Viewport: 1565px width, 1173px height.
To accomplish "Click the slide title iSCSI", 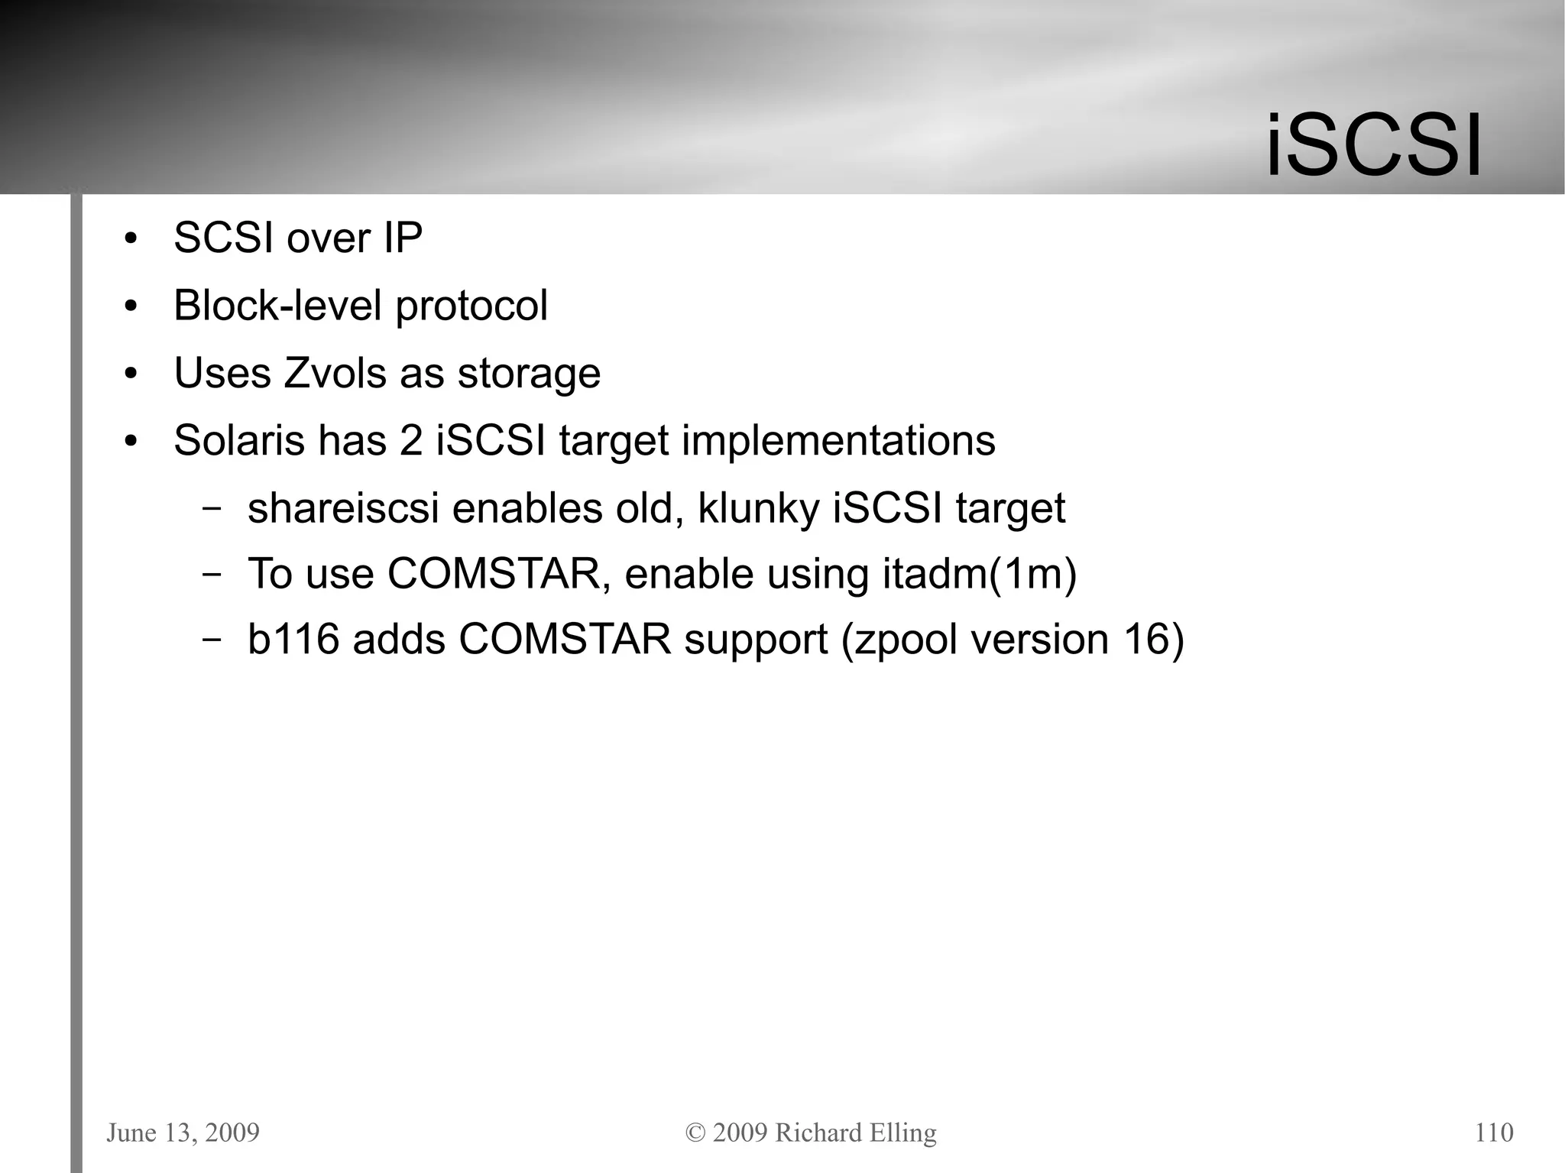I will click(1373, 145).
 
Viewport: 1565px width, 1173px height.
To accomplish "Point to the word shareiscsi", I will click(343, 509).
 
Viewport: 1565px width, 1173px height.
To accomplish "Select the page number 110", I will click(1493, 1132).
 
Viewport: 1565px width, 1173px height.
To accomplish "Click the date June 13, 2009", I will click(183, 1132).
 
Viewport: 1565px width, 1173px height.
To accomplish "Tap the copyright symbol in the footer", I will click(695, 1133).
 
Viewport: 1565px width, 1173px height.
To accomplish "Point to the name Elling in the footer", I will click(905, 1132).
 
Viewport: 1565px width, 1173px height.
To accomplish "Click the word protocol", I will click(471, 306).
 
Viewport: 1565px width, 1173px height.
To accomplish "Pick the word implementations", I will click(838, 441).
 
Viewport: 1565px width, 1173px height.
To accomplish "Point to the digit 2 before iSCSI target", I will click(411, 441).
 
